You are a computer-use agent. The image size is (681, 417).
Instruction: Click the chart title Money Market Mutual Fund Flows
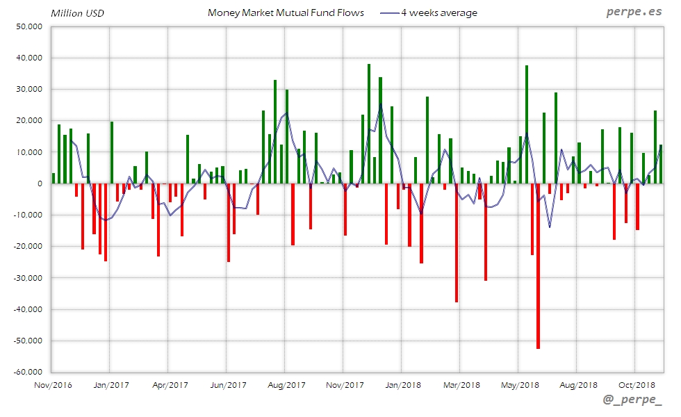pos(286,13)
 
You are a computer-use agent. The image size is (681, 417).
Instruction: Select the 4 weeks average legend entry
pos(438,13)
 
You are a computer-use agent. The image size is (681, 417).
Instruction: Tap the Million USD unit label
pos(78,13)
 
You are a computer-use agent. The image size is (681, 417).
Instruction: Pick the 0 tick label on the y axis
pos(40,183)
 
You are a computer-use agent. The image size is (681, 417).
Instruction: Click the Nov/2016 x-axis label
pos(53,384)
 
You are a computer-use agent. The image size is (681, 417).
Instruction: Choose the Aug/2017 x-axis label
pos(286,384)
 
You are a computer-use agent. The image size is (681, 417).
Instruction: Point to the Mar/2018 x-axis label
pos(461,384)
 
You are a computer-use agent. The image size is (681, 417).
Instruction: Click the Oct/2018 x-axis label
pos(637,384)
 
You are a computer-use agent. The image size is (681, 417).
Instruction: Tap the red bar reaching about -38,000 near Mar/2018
pos(457,243)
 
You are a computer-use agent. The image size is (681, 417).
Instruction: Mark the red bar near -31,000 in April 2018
pos(486,232)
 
